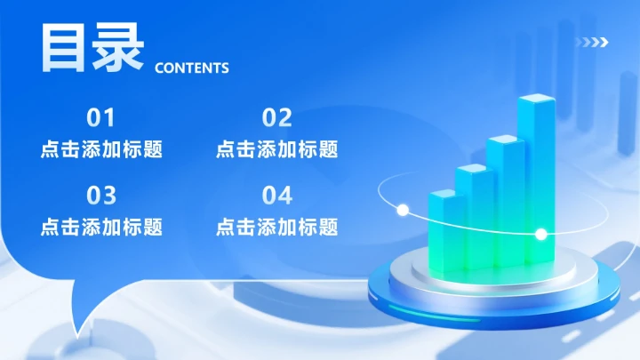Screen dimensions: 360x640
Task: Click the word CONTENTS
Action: coord(192,68)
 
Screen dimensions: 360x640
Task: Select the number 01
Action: coord(100,117)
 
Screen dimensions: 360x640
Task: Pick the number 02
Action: coord(276,117)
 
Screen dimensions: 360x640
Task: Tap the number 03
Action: coord(100,195)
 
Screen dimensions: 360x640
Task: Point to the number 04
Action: coord(276,195)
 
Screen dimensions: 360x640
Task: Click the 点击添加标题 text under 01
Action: coord(101,149)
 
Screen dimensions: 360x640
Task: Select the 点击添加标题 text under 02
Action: coord(276,149)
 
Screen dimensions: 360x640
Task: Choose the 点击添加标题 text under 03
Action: coord(101,227)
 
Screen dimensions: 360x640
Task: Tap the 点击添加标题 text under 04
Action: coord(276,227)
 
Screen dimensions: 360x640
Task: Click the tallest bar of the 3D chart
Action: coord(538,169)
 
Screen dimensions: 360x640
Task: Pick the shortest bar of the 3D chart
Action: coord(442,227)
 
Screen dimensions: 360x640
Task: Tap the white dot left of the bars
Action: coord(402,211)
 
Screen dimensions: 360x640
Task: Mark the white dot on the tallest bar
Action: coord(540,235)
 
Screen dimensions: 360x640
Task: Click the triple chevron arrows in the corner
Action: coord(592,41)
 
